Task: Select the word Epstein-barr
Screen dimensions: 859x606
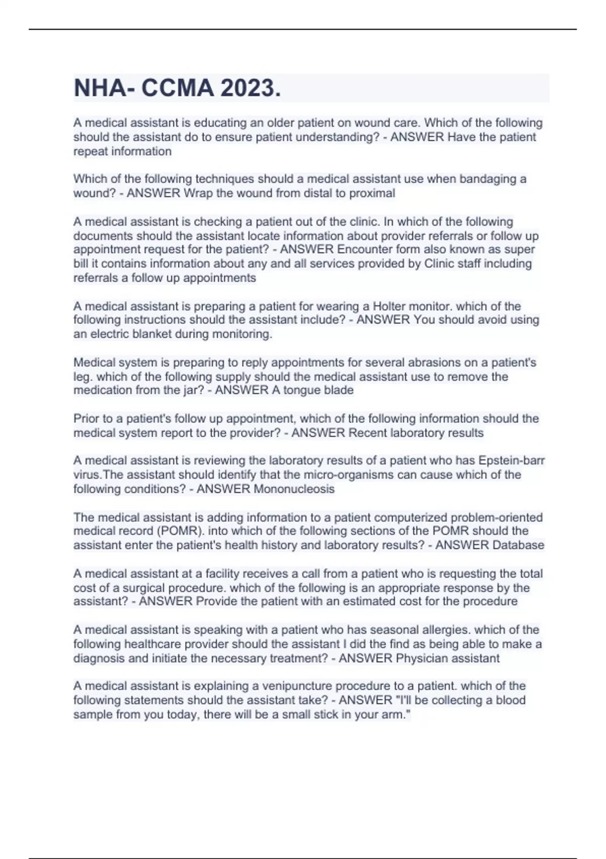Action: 512,460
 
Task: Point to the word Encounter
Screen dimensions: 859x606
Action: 364,249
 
